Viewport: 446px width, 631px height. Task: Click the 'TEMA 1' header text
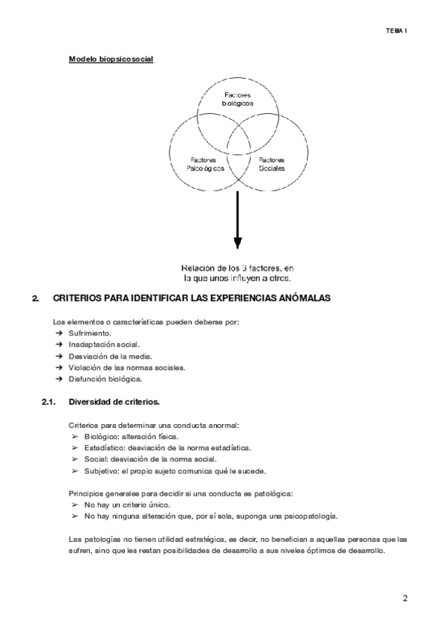click(397, 31)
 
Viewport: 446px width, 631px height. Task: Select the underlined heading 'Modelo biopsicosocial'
click(111, 59)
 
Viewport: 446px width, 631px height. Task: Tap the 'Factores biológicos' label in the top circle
click(238, 99)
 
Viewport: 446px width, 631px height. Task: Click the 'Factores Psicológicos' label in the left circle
click(203, 164)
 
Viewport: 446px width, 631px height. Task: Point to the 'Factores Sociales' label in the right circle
click(271, 164)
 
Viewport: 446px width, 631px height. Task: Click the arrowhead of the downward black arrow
click(238, 243)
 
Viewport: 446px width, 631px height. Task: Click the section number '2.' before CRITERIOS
click(35, 298)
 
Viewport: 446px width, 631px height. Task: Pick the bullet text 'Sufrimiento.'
click(90, 333)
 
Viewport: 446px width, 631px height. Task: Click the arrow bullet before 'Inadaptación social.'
click(58, 345)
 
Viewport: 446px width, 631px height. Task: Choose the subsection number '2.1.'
click(50, 403)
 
